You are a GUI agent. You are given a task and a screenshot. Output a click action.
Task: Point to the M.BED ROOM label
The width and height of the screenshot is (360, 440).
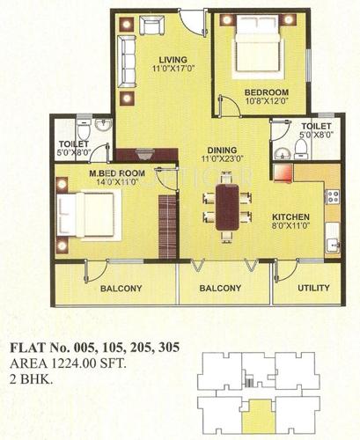click(x=110, y=172)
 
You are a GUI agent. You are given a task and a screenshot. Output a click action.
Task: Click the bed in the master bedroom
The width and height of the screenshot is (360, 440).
click(x=84, y=213)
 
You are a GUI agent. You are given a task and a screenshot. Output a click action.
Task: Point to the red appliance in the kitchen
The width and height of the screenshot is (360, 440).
click(x=283, y=172)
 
